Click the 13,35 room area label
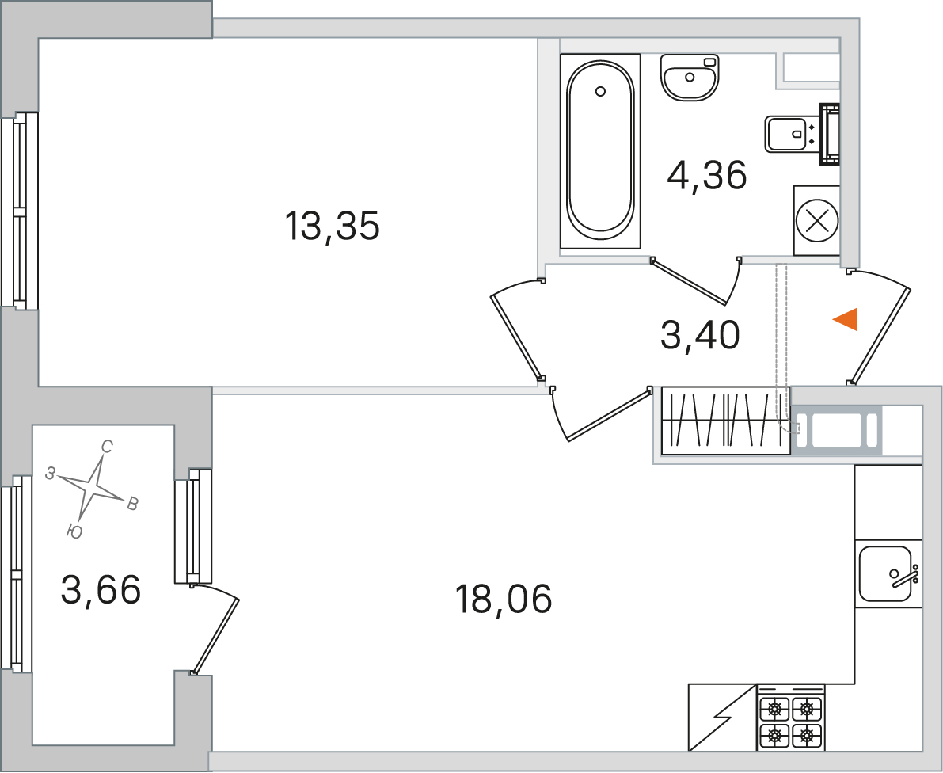click(332, 227)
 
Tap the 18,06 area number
click(504, 599)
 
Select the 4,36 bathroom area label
click(707, 175)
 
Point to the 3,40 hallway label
click(700, 335)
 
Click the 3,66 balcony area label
click(101, 589)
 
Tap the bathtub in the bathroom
click(600, 151)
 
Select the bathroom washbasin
click(690, 78)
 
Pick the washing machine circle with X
click(816, 220)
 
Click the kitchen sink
click(887, 573)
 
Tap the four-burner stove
click(791, 718)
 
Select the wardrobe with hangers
click(726, 421)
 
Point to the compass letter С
click(107, 447)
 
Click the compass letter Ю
click(74, 531)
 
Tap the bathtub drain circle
click(599, 91)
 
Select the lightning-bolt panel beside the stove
click(722, 718)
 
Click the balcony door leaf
click(216, 635)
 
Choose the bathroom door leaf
click(690, 282)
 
